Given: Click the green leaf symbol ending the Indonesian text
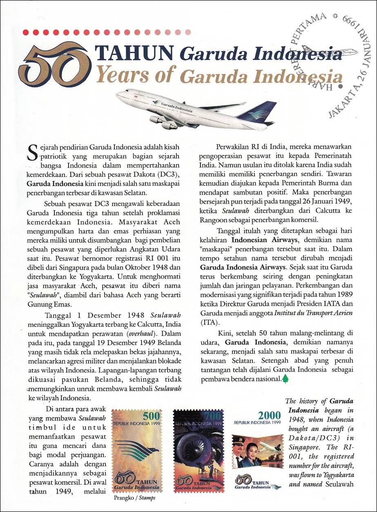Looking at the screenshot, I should (285, 379).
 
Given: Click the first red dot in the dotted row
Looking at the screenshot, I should (27, 32).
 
